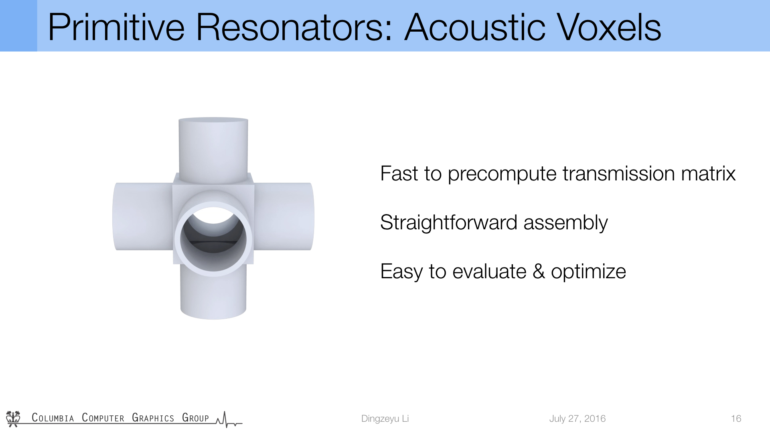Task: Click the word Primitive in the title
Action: pos(116,27)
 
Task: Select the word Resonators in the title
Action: pos(294,27)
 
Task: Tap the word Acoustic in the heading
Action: pos(475,27)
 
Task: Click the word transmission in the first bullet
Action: pos(619,174)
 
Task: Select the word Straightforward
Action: pos(449,223)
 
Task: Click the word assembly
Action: pos(565,223)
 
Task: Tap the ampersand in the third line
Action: pos(539,271)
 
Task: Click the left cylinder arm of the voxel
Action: pos(143,216)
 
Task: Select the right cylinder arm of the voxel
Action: pos(284,216)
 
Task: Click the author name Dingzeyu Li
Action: pos(385,419)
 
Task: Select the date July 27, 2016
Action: pos(577,419)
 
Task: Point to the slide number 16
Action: pos(736,419)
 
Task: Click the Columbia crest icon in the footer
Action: pos(13,419)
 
